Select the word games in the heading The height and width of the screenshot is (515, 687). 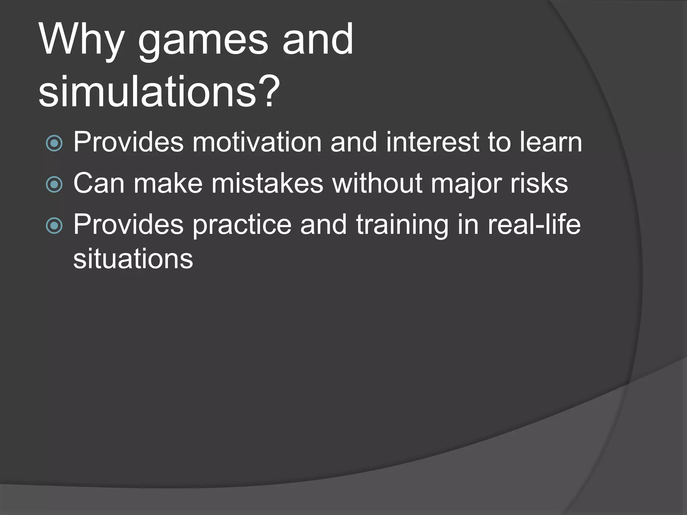coord(203,42)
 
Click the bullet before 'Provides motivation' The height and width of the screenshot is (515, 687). coord(54,143)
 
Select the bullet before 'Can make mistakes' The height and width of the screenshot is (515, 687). coord(54,184)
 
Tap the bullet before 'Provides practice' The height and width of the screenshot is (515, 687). coord(54,225)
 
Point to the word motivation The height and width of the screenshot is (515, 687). coord(257,142)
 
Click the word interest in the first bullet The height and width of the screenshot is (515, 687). coord(432,142)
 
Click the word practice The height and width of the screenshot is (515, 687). coord(242,225)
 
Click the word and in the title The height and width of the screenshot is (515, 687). coord(318,40)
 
